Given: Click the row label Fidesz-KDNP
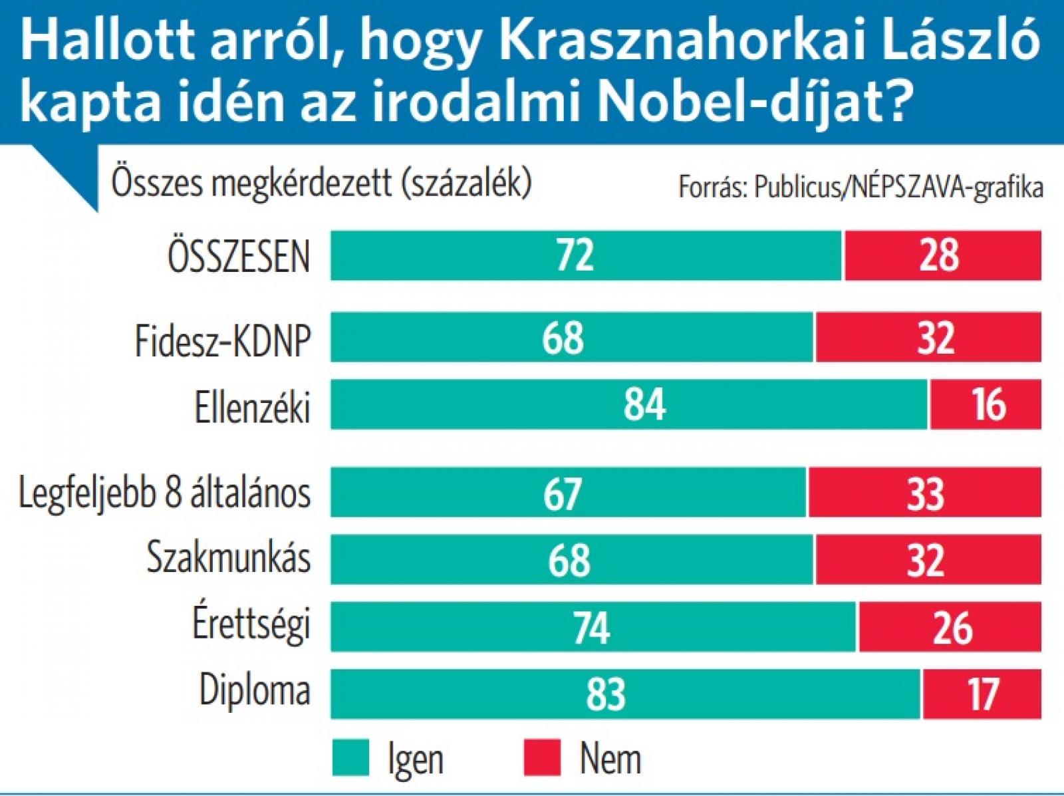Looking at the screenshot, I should tap(223, 340).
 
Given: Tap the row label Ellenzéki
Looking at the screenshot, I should tap(252, 406).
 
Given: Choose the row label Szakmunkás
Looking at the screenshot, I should tap(228, 557).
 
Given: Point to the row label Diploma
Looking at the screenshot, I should tap(255, 691).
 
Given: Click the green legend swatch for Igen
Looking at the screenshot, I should tap(350, 758).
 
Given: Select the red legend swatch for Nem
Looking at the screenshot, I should tap(542, 758).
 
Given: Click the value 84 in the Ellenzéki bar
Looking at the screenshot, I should tap(644, 404).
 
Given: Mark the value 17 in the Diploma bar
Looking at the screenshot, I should tap(982, 694).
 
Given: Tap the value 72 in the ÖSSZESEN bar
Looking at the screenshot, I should tap(575, 255).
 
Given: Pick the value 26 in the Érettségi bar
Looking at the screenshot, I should tap(952, 627).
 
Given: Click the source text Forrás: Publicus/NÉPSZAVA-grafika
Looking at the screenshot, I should tap(861, 188).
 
